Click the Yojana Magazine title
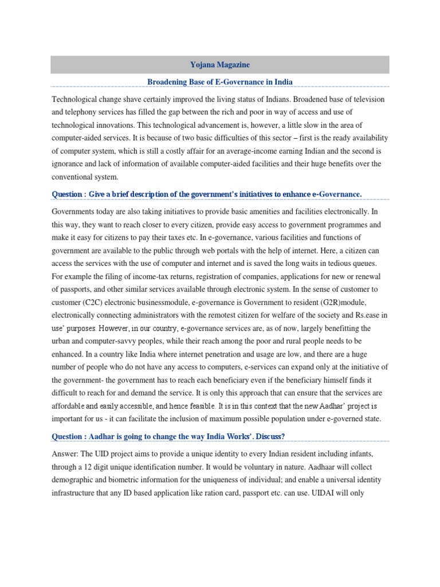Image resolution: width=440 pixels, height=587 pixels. coord(219,65)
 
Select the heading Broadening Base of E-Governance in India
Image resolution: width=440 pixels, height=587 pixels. coord(220,82)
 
